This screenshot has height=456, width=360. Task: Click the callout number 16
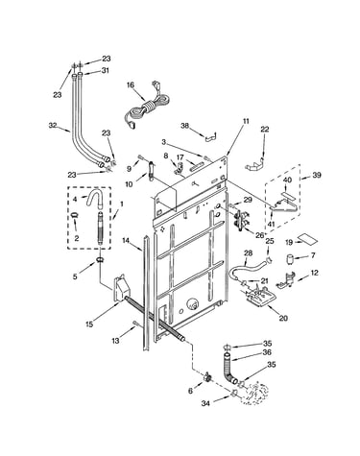coord(131,84)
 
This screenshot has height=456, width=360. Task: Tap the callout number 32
coord(53,126)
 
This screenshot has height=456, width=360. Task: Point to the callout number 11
coord(246,121)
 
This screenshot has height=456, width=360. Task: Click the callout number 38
coord(185,126)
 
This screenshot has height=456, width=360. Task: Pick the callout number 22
coord(265,130)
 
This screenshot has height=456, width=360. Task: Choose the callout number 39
coord(317,175)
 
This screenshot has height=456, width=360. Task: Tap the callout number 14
coord(126,240)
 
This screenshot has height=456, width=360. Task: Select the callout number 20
coord(283,318)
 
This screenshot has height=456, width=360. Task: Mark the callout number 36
coord(267,352)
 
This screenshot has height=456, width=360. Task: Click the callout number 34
coord(205,403)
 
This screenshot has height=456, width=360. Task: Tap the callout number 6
coord(191,391)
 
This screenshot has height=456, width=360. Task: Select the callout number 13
coord(115,341)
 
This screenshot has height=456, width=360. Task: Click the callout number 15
coord(89,324)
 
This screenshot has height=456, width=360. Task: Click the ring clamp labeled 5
coord(100,259)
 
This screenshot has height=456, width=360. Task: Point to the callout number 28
coord(249,253)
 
